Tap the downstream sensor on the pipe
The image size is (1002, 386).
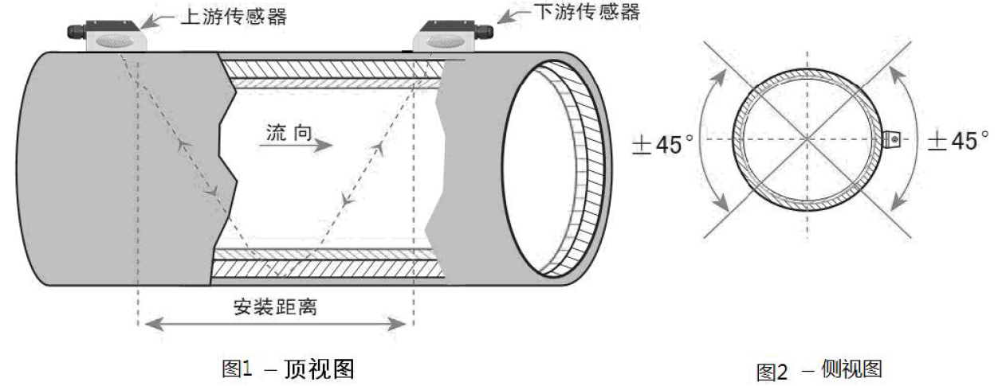tap(450, 36)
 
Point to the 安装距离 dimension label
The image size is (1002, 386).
tap(276, 306)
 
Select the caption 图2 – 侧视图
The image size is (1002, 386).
tap(820, 370)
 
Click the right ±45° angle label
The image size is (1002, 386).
tap(956, 142)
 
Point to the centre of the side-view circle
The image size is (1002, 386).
tap(808, 139)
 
